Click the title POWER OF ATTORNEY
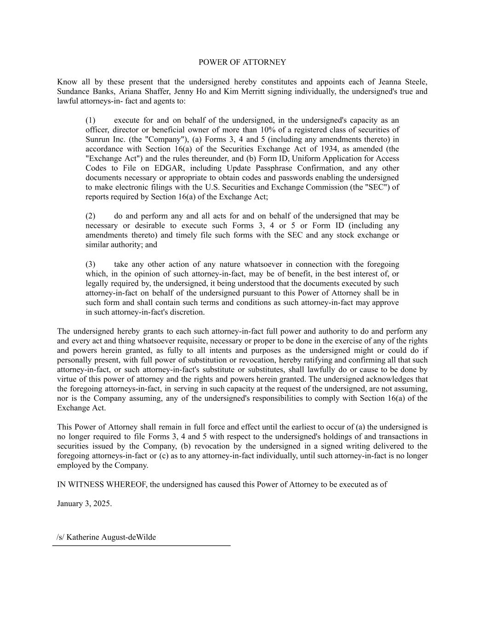pos(242,62)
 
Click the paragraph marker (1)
pos(91,120)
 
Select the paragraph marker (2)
pos(91,216)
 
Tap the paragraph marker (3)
pos(91,264)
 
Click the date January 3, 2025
pos(84,503)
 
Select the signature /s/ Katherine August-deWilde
pos(106,537)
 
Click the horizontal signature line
pos(141,546)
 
